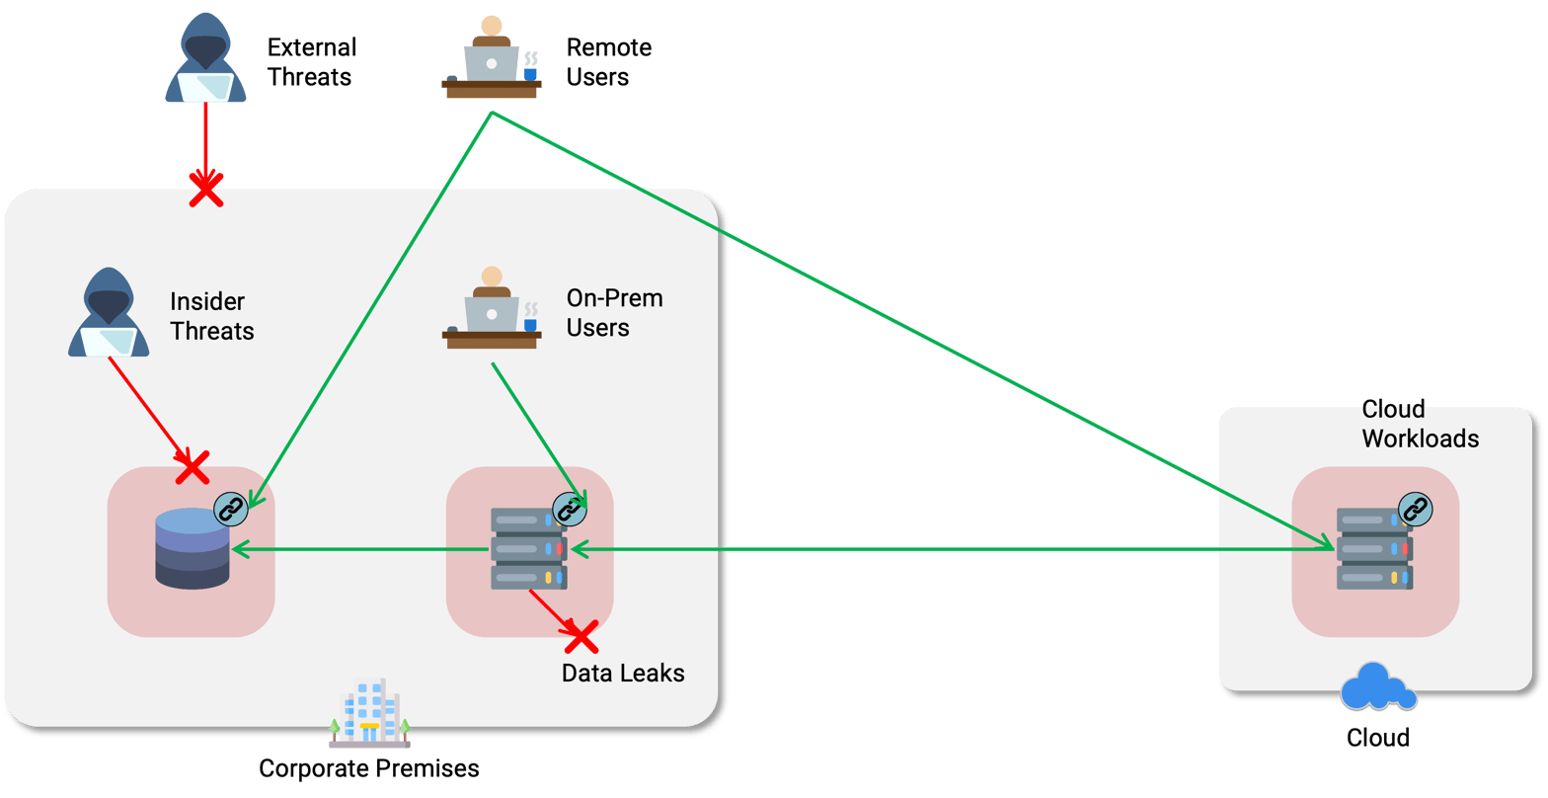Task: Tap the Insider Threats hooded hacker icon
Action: click(x=109, y=312)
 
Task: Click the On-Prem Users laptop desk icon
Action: click(x=492, y=310)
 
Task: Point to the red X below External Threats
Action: click(x=205, y=189)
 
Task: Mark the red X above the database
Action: click(x=192, y=467)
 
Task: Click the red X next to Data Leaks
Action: click(x=580, y=637)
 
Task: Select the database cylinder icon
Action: click(x=192, y=549)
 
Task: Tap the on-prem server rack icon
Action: click(x=528, y=549)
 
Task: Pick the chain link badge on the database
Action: click(x=230, y=510)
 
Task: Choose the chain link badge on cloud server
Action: click(x=1416, y=510)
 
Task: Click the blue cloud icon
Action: click(x=1378, y=687)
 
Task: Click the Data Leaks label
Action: click(x=623, y=674)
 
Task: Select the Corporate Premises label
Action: click(x=369, y=768)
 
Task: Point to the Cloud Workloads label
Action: click(x=1420, y=424)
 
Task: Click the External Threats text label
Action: click(x=312, y=61)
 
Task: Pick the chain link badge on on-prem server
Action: click(x=569, y=510)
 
